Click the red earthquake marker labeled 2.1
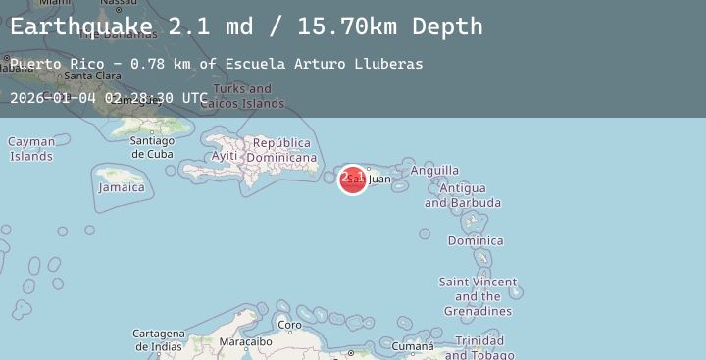coord(353,179)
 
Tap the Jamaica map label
coord(122,187)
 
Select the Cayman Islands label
coord(31,149)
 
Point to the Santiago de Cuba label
coord(152,147)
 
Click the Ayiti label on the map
coord(225,156)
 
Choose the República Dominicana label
coord(282,150)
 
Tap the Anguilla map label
coord(434,171)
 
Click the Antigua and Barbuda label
coord(462,195)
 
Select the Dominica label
coord(476,240)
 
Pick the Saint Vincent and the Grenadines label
coord(477,296)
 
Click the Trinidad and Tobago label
coord(479,347)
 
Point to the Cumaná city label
coord(412,346)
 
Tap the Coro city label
coord(289,325)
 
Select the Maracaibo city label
coord(245,342)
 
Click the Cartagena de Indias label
coord(159,339)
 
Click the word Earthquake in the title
coord(81,26)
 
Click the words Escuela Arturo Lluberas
coord(324,64)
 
